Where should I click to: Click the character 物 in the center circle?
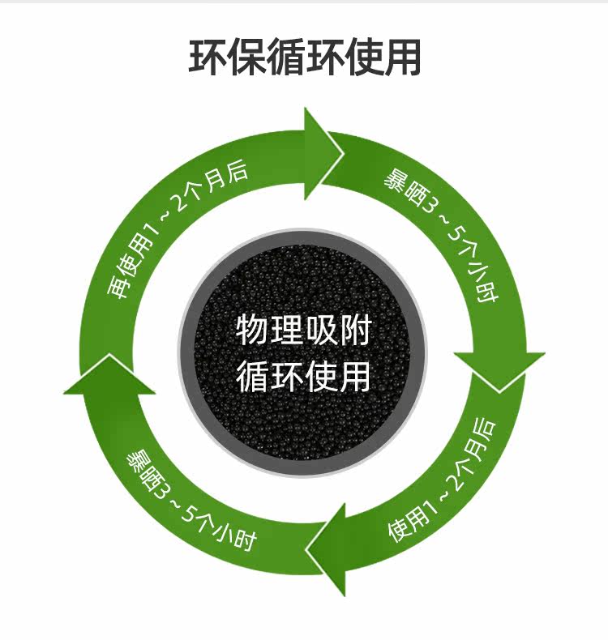[x=252, y=331]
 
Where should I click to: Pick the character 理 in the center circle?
[x=286, y=331]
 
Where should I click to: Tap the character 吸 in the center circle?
[x=321, y=331]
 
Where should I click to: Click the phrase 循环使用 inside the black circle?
[x=303, y=375]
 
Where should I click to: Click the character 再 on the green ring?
[x=120, y=288]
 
